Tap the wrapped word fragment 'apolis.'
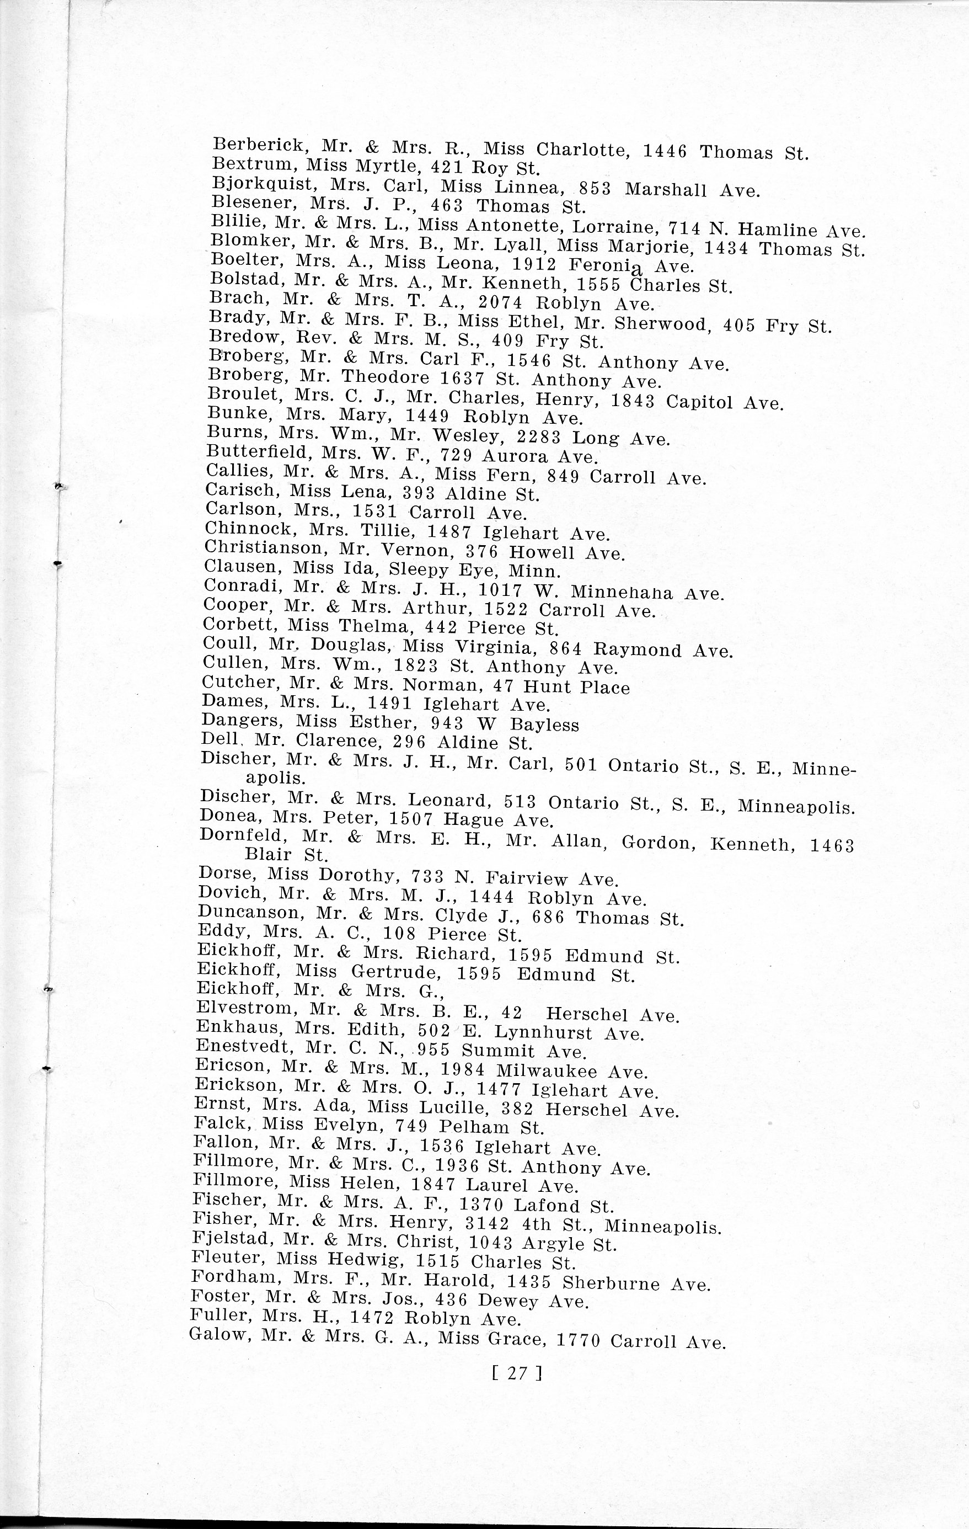coord(275,778)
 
